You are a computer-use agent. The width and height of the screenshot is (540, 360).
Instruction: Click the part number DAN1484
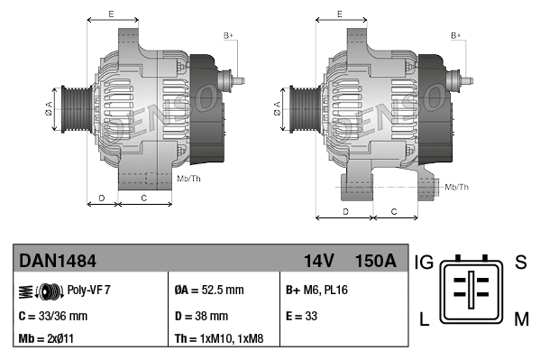58,262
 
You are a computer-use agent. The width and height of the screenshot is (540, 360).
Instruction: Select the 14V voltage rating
318,262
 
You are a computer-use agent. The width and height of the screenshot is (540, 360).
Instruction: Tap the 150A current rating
375,262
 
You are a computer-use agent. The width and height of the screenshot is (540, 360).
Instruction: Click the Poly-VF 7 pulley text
88,291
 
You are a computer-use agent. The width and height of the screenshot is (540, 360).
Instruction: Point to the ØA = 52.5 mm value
209,291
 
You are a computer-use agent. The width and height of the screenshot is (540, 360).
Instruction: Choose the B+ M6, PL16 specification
316,291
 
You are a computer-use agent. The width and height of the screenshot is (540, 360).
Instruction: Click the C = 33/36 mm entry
53,316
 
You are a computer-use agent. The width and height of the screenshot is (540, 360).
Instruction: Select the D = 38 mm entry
201,316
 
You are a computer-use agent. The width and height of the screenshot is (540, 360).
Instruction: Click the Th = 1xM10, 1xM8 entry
219,340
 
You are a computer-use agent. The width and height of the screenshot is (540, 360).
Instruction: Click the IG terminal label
424,263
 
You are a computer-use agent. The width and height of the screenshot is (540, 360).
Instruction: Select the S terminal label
520,263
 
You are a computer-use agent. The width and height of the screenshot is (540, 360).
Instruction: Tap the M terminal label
520,318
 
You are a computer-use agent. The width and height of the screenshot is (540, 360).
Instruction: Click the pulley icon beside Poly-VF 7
40,291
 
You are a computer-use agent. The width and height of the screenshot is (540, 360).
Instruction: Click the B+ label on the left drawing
228,35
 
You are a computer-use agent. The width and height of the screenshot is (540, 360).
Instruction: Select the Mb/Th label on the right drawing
456,187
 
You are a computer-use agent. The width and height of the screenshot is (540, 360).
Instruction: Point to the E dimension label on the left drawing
110,14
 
